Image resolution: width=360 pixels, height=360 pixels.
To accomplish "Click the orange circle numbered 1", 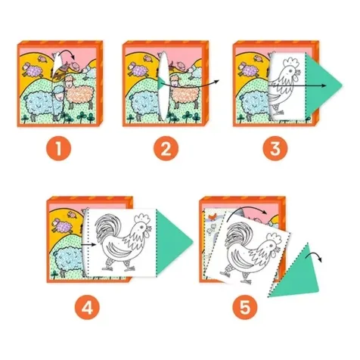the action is (58, 148).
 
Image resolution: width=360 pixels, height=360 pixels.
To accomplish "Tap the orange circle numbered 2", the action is (166, 148).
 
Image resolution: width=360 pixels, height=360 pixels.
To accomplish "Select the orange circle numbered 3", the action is (275, 148).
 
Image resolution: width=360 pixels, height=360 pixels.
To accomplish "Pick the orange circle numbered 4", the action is (87, 307).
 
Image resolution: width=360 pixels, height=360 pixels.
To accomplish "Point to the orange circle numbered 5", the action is (245, 307).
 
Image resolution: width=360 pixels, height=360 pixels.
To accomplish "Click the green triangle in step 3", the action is (320, 85).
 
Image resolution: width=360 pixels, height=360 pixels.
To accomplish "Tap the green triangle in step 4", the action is (172, 242).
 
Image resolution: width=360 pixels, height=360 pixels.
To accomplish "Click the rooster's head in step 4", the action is (142, 227).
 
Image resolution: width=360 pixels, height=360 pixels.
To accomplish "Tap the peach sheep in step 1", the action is (79, 93).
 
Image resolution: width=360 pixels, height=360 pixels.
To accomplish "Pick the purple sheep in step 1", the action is (33, 69).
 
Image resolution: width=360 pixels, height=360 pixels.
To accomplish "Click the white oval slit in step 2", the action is (164, 85).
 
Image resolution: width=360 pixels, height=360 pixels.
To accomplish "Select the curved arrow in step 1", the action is (66, 52).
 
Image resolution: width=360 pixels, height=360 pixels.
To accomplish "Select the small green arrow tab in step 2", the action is (161, 83).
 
